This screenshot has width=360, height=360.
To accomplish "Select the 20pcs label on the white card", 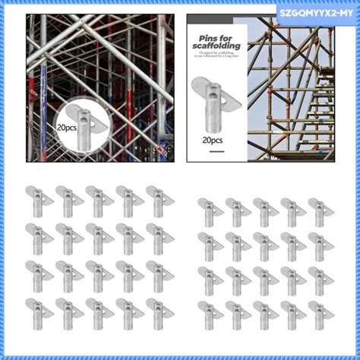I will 212,141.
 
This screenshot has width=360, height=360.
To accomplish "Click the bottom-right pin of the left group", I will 157,309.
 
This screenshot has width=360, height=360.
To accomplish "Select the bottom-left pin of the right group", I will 208,311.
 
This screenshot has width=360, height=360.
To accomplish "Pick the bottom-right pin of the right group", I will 320,311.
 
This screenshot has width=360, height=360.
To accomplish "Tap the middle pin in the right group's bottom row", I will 264,311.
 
